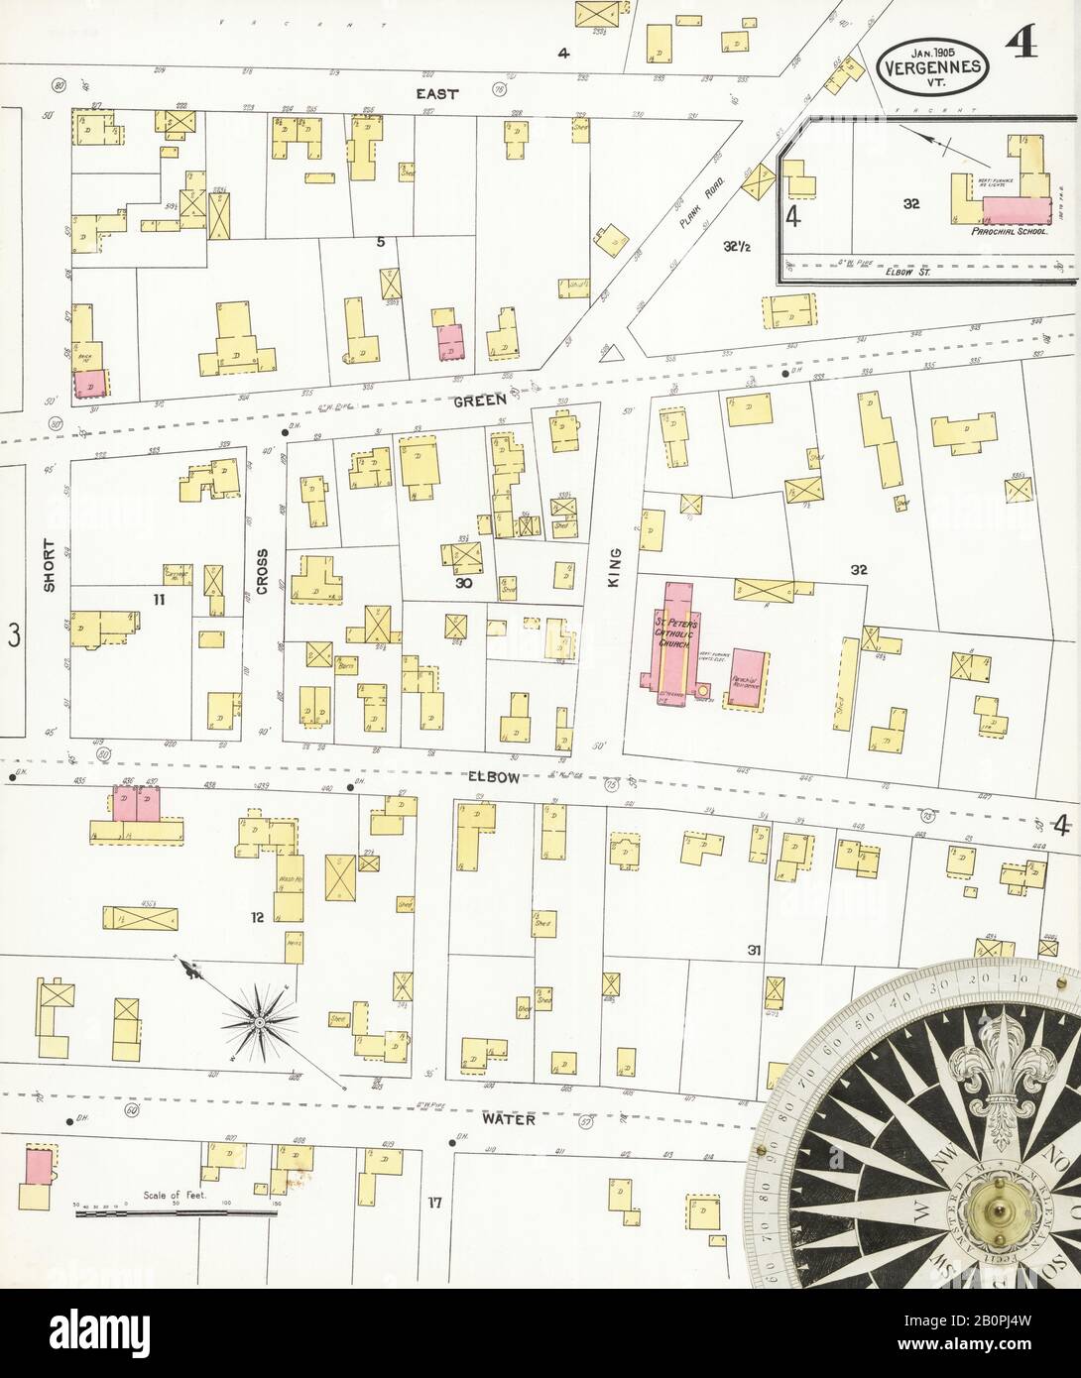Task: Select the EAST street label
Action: click(x=437, y=93)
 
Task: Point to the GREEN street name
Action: click(x=481, y=402)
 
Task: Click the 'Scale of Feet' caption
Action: click(x=174, y=1196)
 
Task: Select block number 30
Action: click(x=462, y=584)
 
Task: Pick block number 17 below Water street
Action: click(x=433, y=1204)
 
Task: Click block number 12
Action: click(x=257, y=918)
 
